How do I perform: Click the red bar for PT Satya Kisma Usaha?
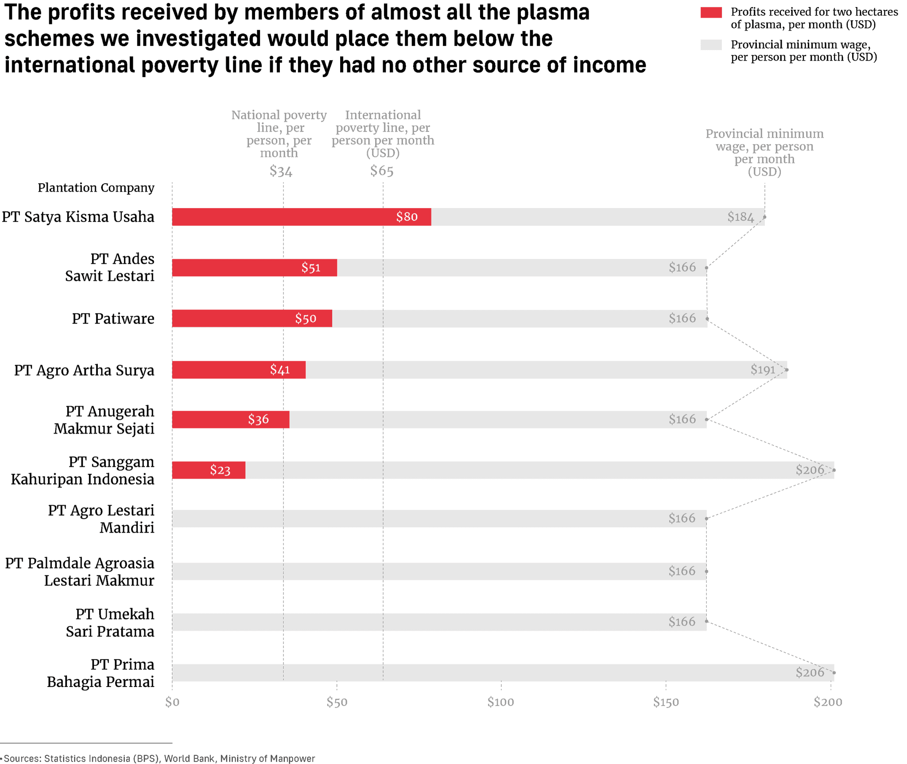[301, 217]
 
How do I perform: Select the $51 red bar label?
[310, 268]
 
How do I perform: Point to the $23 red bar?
[208, 470]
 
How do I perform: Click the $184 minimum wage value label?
[740, 217]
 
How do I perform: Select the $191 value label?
[762, 370]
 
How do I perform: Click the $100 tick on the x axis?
[500, 702]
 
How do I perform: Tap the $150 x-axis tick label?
[665, 702]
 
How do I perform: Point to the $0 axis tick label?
[172, 702]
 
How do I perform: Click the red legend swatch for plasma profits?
[710, 12]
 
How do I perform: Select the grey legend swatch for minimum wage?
[710, 45]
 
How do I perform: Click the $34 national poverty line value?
[281, 171]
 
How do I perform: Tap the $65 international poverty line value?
[382, 171]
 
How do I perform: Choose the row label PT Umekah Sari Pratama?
[110, 622]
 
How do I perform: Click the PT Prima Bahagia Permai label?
[101, 673]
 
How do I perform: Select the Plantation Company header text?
[96, 188]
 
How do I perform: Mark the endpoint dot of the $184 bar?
[765, 217]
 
